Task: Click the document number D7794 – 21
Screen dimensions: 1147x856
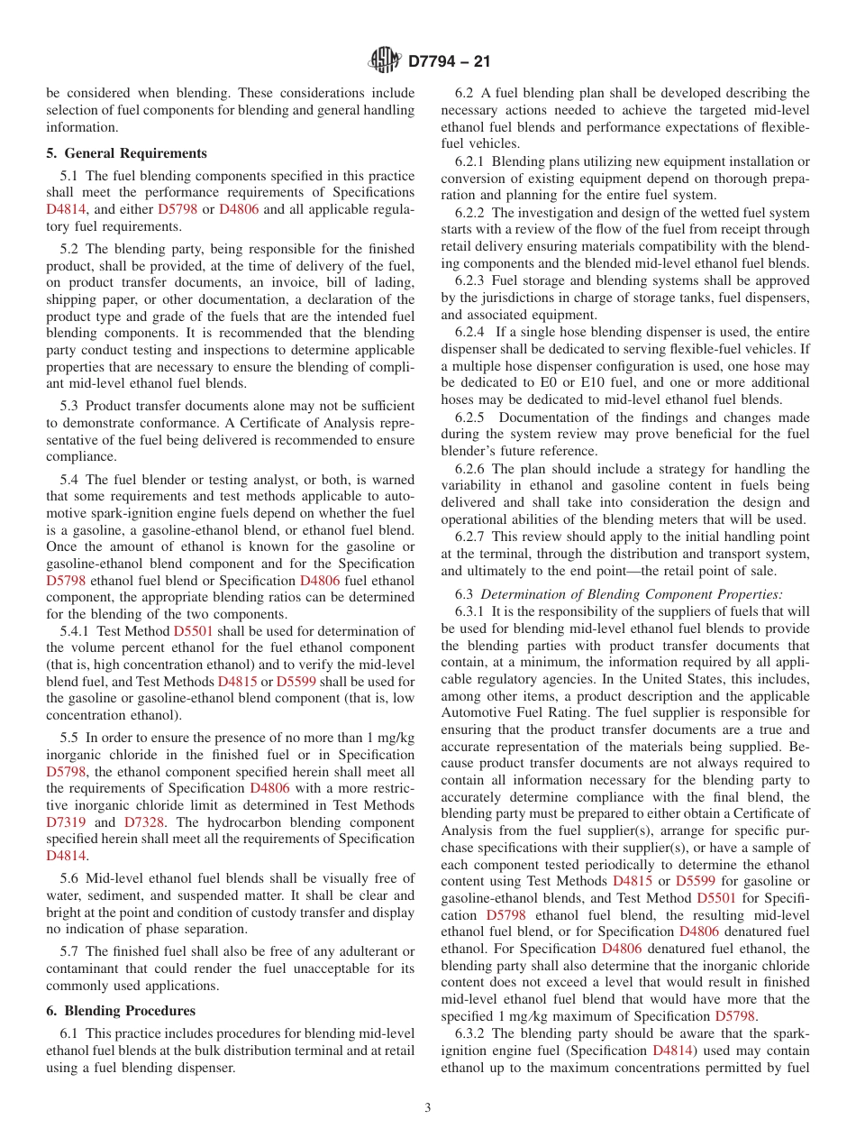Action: [x=450, y=62]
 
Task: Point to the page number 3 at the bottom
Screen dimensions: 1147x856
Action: [x=428, y=1108]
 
